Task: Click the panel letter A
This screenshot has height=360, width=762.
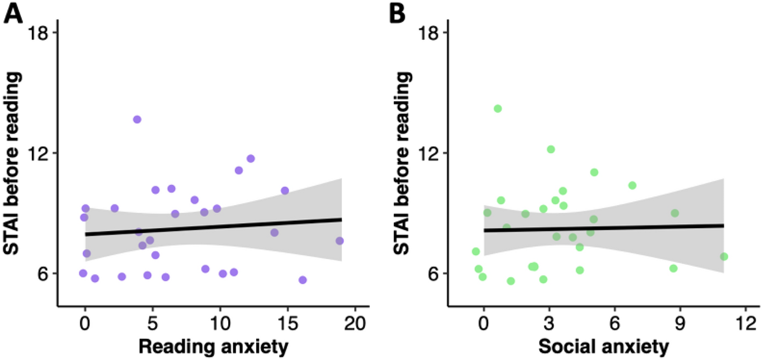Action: (13, 12)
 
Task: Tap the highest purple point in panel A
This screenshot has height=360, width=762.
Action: (137, 119)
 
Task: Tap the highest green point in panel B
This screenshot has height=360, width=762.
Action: (498, 109)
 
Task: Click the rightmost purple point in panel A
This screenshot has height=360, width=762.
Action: (340, 241)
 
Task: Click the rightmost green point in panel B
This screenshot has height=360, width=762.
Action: (724, 256)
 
